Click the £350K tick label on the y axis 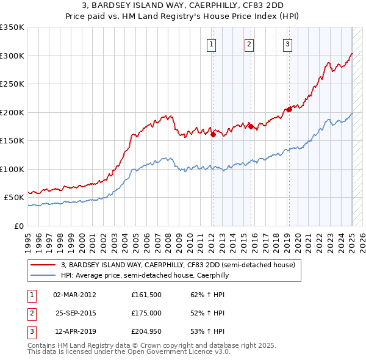coord(12,27)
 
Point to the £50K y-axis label coord(14,198)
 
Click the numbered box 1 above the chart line coord(211,44)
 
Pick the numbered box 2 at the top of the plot coord(249,44)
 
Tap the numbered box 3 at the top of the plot coord(287,44)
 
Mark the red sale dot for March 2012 coord(213,135)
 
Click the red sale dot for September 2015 coord(251,127)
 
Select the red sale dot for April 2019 coord(289,110)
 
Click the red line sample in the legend coord(43,265)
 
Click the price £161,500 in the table coord(146,295)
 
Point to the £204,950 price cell coord(146,331)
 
